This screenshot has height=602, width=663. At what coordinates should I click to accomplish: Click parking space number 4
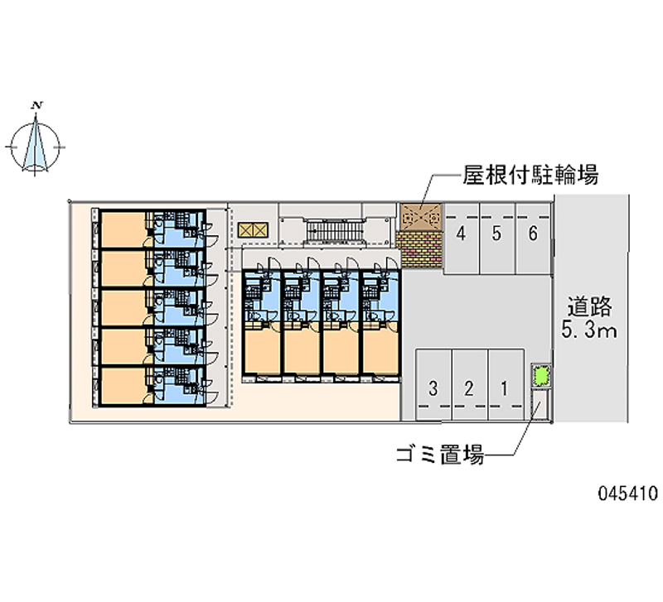coord(462,238)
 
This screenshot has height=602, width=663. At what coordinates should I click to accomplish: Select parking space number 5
coord(497,238)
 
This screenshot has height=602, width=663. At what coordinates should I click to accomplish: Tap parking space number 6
coord(533,238)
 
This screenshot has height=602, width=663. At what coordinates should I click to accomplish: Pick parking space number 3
coord(433,384)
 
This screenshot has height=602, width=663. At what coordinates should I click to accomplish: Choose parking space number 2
coord(469,384)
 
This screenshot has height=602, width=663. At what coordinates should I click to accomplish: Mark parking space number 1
coord(506,384)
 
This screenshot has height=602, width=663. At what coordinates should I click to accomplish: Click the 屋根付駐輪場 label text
coord(530,175)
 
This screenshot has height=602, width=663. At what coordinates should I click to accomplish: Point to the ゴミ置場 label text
coord(440,455)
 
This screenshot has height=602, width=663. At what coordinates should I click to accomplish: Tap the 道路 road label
coord(589,306)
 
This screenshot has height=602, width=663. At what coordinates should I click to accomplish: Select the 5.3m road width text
coord(589,330)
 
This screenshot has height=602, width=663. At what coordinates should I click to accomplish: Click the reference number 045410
coord(628,493)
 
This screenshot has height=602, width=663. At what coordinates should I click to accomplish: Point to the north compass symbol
coord(36,146)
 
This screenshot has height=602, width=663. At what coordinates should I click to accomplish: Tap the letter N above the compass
coord(37,105)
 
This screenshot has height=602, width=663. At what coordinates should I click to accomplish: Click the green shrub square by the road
coord(542,376)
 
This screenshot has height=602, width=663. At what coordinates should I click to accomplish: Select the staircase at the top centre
coord(335,232)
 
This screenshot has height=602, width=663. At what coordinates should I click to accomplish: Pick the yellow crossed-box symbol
coord(253,230)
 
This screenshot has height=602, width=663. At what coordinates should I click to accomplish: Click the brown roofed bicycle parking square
coord(421,218)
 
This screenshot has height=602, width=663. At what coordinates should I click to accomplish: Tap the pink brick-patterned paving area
coord(419,249)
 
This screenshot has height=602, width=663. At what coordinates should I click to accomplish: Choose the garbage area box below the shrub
coord(542,404)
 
